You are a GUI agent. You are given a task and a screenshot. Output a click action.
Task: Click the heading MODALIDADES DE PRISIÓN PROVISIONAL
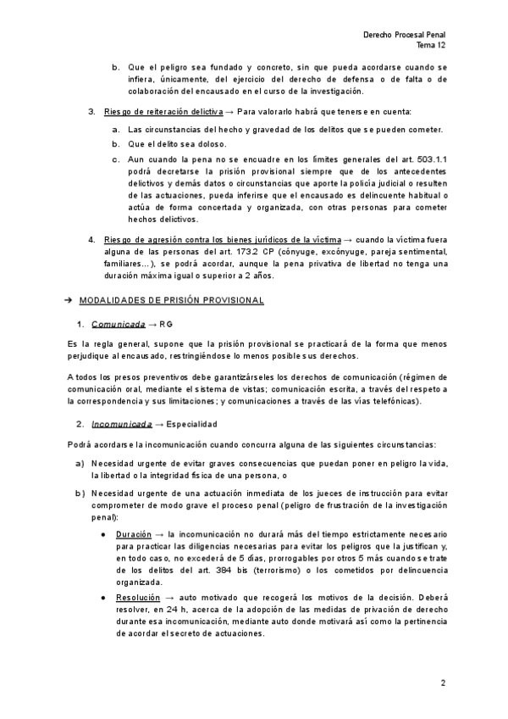click(x=171, y=301)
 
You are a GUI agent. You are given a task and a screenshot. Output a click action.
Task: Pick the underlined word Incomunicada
click(x=121, y=423)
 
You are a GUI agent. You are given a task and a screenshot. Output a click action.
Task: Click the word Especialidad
click(x=192, y=423)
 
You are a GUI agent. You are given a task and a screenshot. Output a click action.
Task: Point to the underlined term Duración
click(x=134, y=535)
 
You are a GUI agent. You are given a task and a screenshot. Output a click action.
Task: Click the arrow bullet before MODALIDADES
click(x=69, y=301)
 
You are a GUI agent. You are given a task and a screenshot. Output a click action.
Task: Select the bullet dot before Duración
click(x=102, y=535)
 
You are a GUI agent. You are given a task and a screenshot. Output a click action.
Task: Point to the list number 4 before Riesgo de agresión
click(x=91, y=239)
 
